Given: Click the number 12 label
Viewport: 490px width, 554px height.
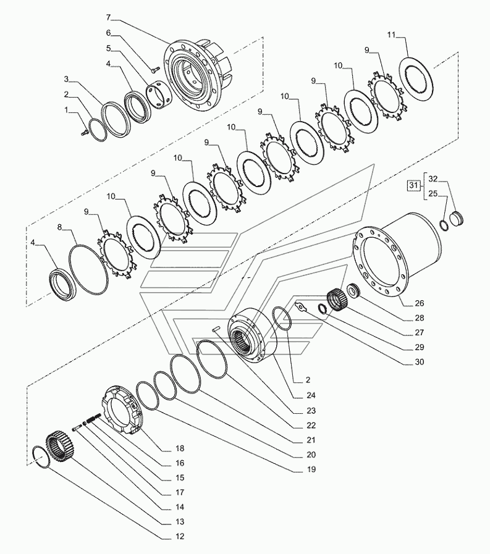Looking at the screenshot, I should click(180, 537).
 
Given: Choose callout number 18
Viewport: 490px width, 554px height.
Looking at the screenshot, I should click(179, 448).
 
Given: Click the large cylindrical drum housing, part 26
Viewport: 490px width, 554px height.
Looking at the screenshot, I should click(402, 253).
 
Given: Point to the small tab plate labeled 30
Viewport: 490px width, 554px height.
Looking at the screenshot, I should click(301, 306).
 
